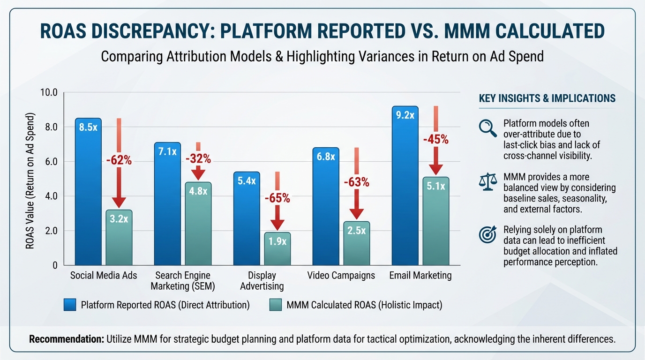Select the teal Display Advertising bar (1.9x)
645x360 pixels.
pyautogui.click(x=277, y=248)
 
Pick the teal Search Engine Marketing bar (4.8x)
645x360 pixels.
pyautogui.click(x=198, y=223)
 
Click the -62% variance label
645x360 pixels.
pyautogui.click(x=119, y=161)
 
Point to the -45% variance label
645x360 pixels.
pyautogui.click(x=436, y=139)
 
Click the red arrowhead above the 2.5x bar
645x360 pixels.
pyautogui.click(x=357, y=213)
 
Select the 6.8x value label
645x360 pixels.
pyautogui.click(x=326, y=157)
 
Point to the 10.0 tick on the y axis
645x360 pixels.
pyautogui.click(x=49, y=92)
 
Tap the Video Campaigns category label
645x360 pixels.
pyautogui.click(x=341, y=275)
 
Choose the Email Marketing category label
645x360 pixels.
pyautogui.click(x=420, y=275)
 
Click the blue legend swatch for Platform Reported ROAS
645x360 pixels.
pyautogui.click(x=70, y=305)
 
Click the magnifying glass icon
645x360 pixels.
pyautogui.click(x=487, y=127)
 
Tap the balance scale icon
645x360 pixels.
pyautogui.click(x=487, y=181)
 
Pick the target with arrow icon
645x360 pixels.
pyautogui.click(x=487, y=235)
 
